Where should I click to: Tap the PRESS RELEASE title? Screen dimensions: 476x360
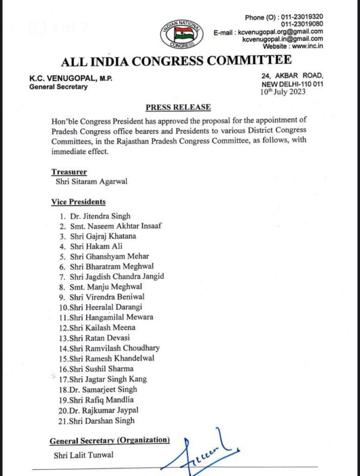click(179, 107)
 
